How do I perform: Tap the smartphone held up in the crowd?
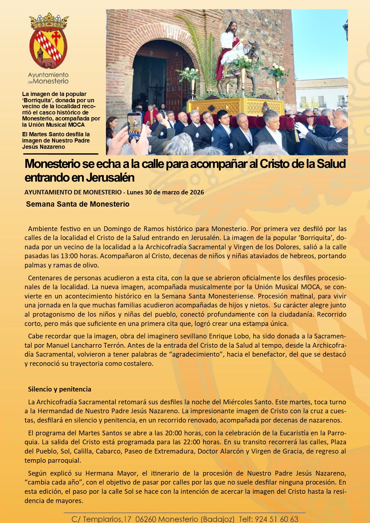(135, 126)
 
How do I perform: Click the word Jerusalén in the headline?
(110, 178)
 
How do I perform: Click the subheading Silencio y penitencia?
(59, 389)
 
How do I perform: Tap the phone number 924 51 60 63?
(277, 519)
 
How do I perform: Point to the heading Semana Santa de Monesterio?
(78, 204)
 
